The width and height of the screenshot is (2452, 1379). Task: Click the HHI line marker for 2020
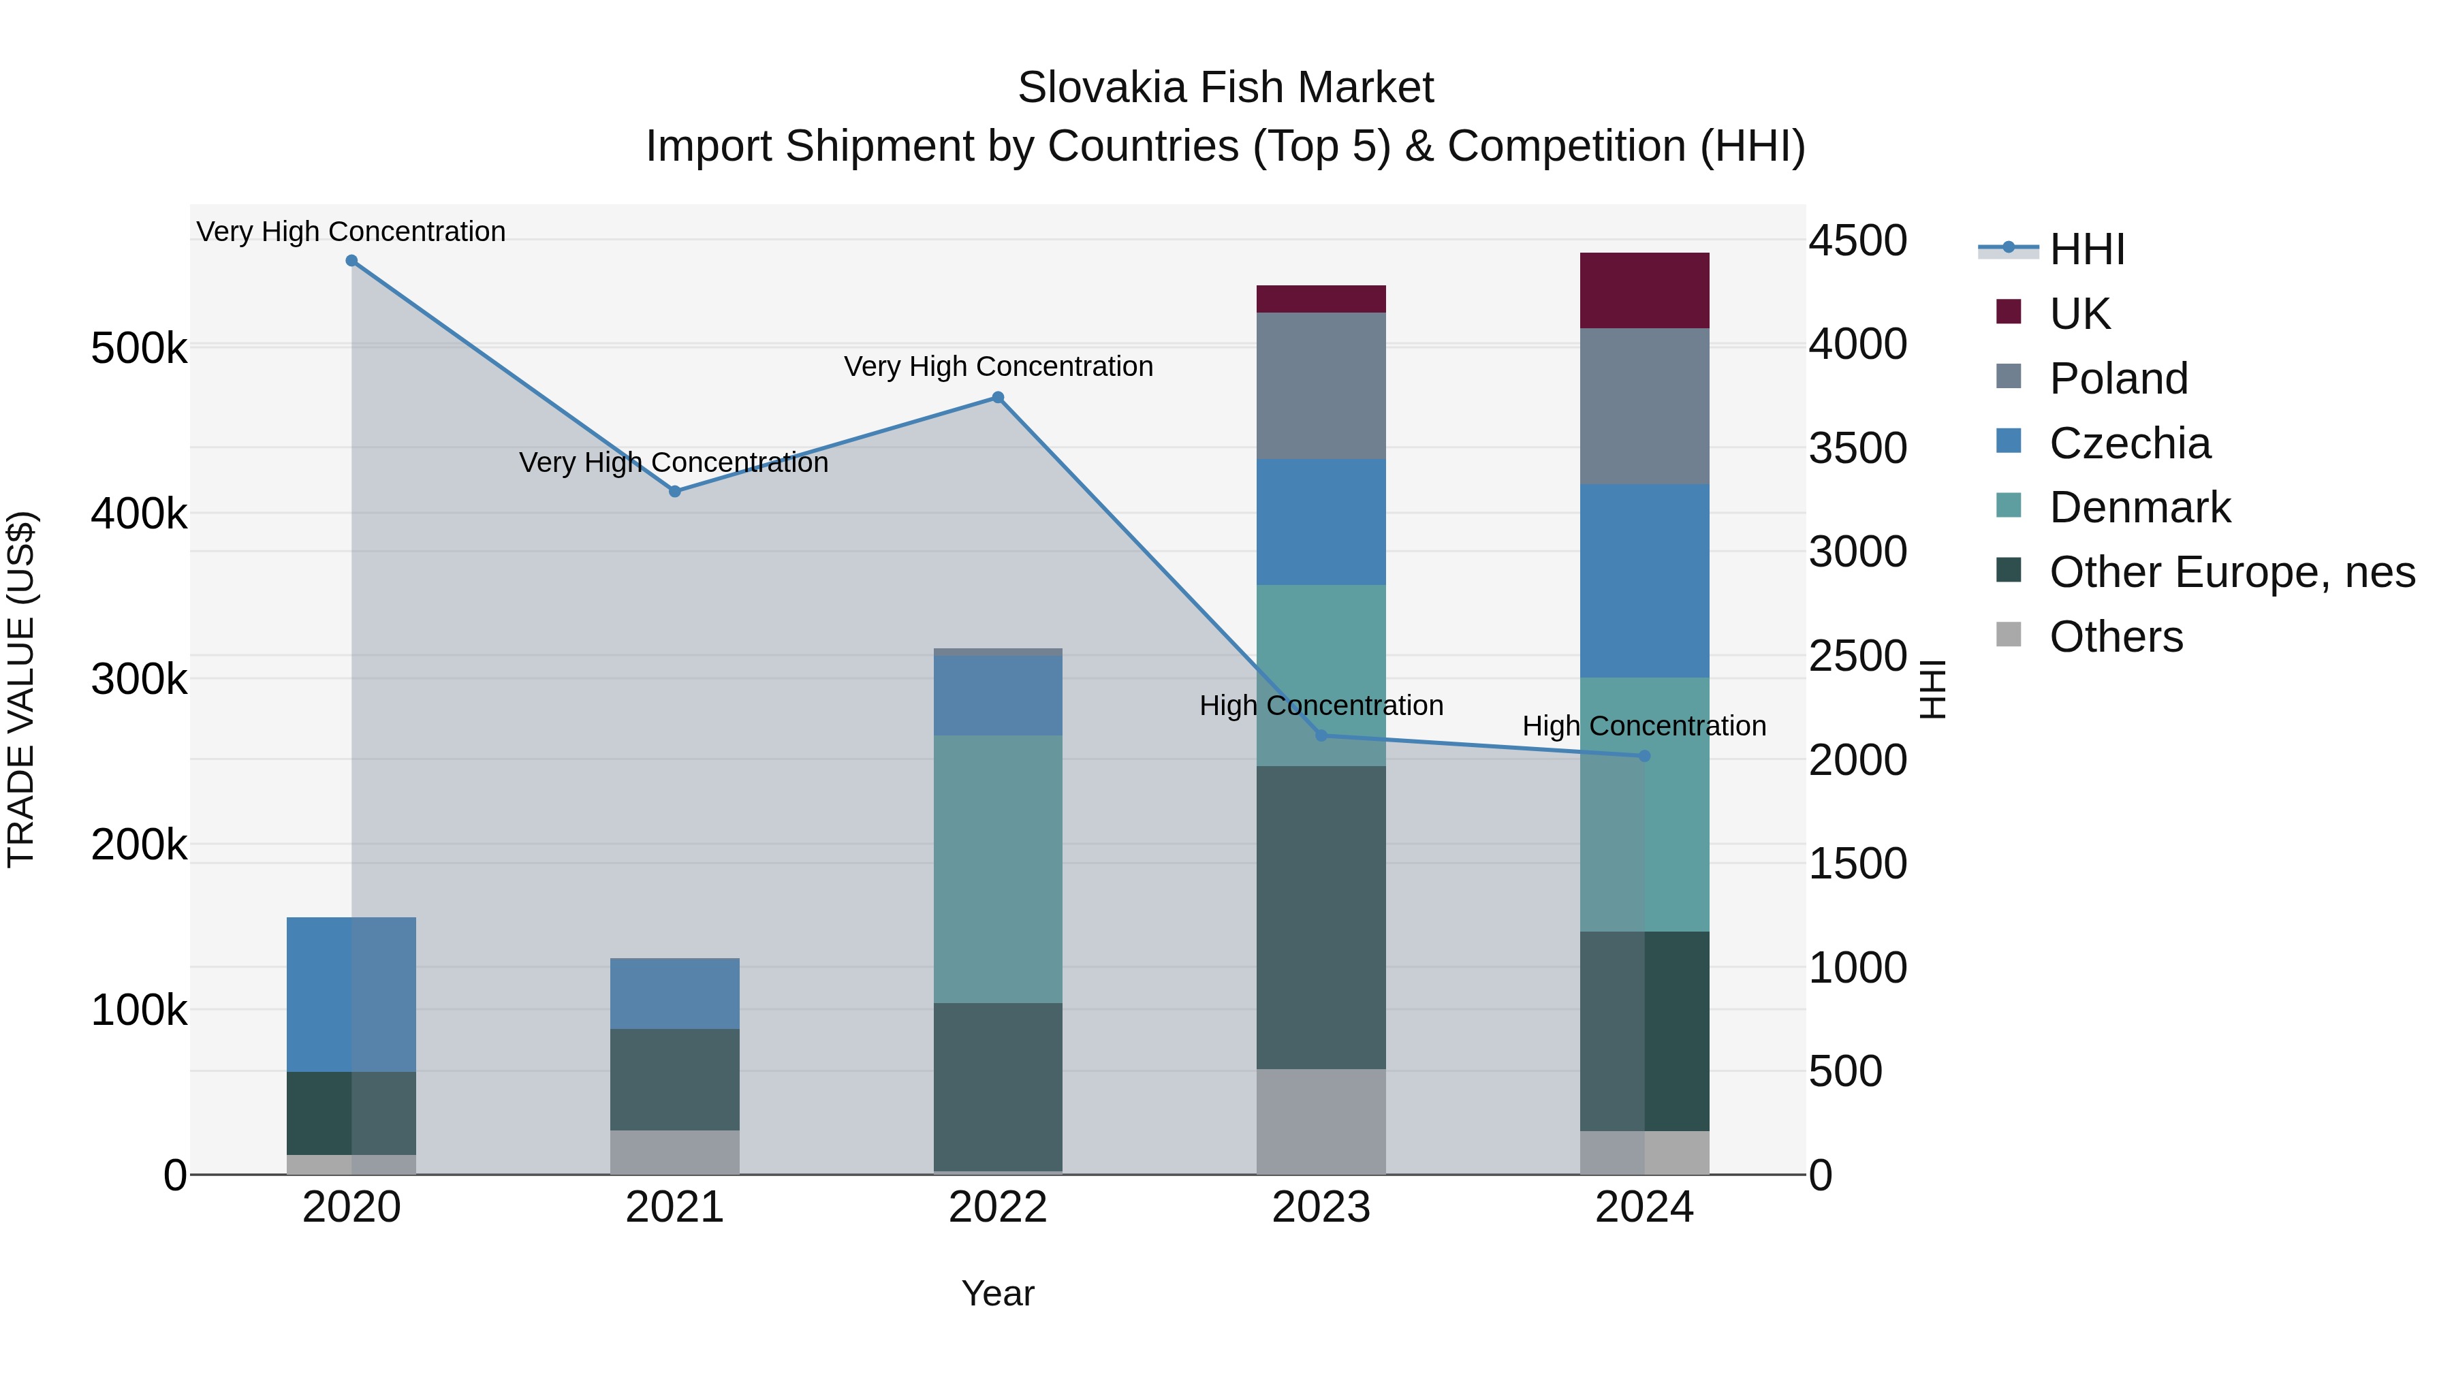[351, 261]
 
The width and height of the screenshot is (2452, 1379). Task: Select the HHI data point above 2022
[998, 398]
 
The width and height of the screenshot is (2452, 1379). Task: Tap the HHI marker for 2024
[1644, 756]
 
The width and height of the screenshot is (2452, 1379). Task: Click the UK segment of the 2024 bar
[1644, 290]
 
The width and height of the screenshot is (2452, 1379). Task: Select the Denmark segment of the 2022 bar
[998, 868]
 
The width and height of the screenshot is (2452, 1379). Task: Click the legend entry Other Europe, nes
[2231, 572]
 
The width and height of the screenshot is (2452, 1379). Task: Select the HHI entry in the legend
[2086, 249]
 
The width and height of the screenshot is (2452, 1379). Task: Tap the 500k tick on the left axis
[139, 348]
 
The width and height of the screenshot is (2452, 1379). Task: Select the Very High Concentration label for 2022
[998, 366]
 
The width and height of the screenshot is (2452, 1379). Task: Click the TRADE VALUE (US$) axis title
[21, 689]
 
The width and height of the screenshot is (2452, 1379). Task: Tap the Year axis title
[998, 1293]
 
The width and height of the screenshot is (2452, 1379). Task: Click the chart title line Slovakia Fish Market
[1225, 88]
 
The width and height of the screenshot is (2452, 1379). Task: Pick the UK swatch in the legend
[2009, 312]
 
